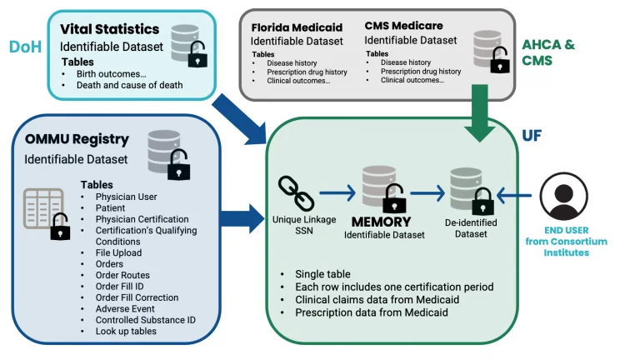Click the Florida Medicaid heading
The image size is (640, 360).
coord(297,27)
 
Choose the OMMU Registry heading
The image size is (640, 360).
coord(77,139)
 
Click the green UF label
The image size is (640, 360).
coord(532,134)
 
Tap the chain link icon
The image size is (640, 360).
coord(295,192)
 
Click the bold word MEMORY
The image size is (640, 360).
coord(381,222)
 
